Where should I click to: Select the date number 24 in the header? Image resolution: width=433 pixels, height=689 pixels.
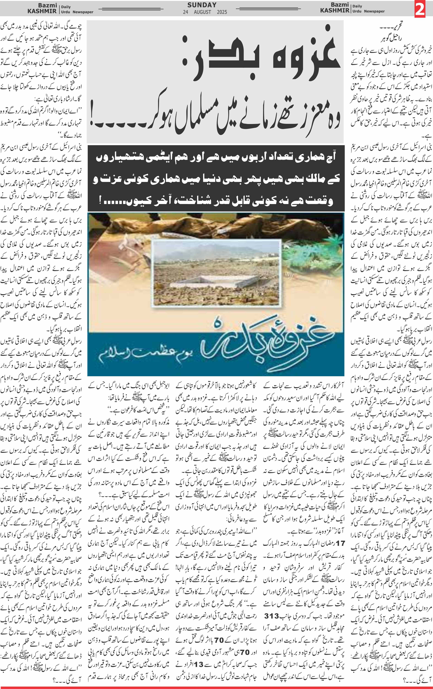point(186,12)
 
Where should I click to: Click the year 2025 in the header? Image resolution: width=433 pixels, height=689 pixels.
point(222,12)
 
